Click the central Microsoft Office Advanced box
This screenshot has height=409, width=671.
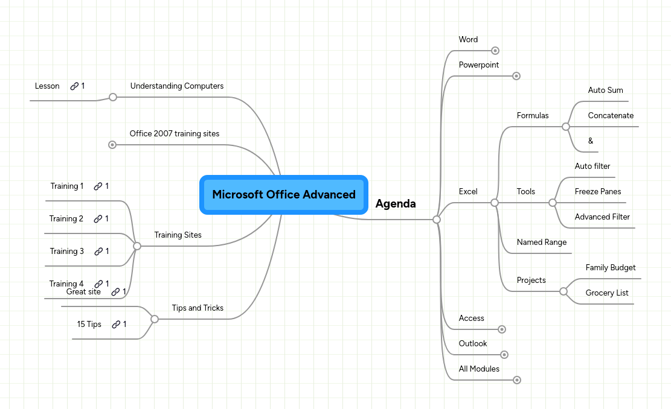click(283, 195)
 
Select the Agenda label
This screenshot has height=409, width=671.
click(396, 204)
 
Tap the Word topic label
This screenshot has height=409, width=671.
click(468, 40)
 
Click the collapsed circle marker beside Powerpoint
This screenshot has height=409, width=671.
click(516, 76)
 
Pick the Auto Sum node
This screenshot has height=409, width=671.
click(605, 90)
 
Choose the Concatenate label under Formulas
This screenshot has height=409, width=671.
click(611, 116)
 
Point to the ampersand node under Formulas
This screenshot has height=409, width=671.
click(591, 141)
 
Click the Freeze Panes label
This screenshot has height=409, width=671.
click(598, 192)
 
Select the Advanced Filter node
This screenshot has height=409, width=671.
click(602, 217)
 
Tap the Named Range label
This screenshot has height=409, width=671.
click(542, 243)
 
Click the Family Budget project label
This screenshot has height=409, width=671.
click(611, 268)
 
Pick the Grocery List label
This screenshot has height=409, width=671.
click(607, 293)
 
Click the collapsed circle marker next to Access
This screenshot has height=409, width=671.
click(501, 329)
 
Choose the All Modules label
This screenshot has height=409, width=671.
click(479, 369)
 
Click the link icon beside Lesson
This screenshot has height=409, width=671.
click(74, 86)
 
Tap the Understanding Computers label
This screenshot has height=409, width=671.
click(177, 86)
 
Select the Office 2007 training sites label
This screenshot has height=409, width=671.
click(175, 133)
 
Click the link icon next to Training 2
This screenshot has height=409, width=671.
click(98, 219)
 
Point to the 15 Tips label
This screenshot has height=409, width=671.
click(89, 325)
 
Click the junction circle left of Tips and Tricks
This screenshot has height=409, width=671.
click(154, 319)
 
